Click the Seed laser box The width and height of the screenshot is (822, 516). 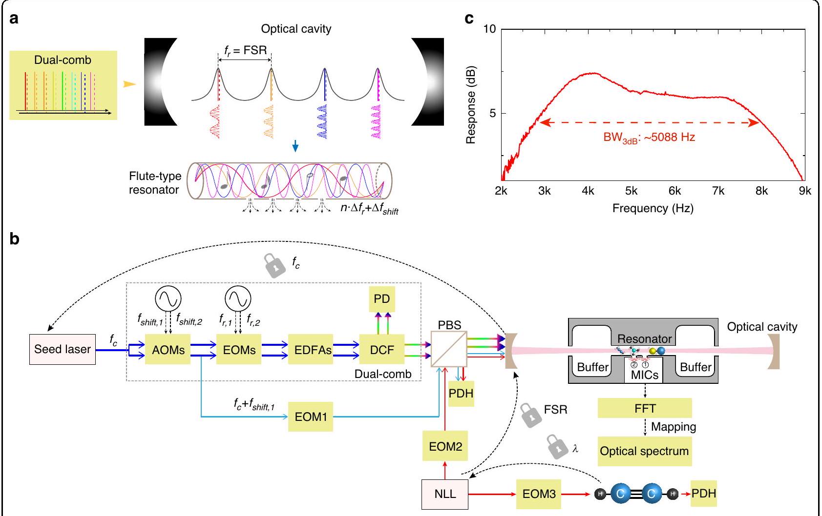62,349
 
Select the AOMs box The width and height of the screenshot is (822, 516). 168,349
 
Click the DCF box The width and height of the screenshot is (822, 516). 381,349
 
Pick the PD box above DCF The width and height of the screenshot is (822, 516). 381,299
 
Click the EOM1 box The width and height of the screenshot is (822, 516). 311,417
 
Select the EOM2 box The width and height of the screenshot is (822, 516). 445,446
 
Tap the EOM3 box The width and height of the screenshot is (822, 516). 539,494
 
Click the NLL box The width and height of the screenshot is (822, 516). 445,494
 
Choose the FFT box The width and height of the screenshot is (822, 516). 645,408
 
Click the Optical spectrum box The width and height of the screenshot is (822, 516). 645,451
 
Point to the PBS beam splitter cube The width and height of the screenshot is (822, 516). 449,349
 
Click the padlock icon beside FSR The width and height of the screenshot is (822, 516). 531,415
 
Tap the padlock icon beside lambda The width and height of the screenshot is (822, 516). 558,446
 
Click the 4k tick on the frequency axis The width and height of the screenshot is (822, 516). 588,191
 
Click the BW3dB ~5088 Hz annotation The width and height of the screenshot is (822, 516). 649,138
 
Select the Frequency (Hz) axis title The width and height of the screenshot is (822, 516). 653,208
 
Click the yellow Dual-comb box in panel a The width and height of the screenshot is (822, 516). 63,85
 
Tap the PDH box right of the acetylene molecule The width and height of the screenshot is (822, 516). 703,494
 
